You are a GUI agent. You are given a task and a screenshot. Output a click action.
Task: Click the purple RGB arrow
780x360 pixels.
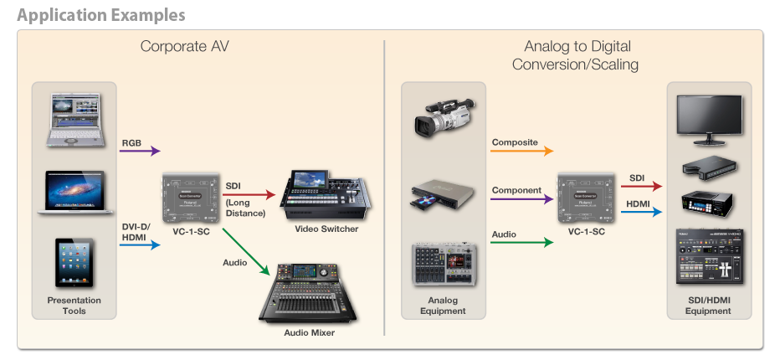140,151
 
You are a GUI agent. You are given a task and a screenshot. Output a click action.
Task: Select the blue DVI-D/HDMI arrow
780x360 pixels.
140,244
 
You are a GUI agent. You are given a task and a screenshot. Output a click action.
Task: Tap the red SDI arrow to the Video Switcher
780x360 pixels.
249,194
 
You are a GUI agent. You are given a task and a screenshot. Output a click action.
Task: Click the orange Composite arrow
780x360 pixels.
522,151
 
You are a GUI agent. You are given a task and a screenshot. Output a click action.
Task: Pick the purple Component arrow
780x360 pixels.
522,199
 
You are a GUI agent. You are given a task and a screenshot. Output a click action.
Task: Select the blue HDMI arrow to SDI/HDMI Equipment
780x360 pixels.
642,212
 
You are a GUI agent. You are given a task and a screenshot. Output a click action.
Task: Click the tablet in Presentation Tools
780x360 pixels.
74,262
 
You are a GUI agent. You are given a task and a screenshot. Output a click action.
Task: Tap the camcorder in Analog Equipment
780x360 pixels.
444,117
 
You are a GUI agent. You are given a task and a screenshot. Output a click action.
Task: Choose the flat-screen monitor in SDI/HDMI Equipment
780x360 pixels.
710,120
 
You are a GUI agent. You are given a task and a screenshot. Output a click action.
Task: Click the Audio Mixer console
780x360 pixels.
308,293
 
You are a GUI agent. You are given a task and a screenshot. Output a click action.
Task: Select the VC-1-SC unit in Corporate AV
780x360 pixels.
192,198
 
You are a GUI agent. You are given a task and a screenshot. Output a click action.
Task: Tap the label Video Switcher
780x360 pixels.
326,229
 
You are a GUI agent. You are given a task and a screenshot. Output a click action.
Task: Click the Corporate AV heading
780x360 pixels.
185,46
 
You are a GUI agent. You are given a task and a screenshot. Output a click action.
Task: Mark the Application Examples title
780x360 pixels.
101,15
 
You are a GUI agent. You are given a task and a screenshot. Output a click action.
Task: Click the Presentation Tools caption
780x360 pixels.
74,306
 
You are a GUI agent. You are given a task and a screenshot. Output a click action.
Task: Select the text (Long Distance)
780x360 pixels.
245,208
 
